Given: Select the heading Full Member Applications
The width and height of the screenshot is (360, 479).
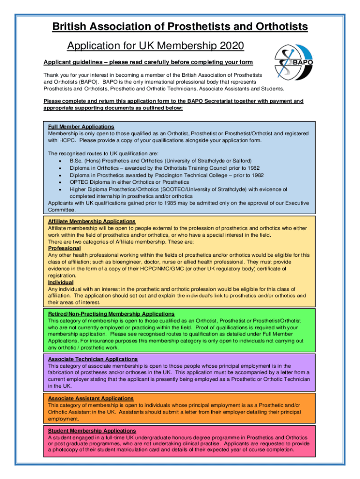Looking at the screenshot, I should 81,127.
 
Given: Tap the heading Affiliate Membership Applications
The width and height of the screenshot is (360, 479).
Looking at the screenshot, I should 92,221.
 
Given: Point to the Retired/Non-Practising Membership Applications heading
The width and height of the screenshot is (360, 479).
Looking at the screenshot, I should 111,313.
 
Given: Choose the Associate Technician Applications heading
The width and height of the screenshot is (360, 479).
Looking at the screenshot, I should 93,359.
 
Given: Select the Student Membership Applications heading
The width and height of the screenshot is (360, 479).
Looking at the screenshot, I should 92,430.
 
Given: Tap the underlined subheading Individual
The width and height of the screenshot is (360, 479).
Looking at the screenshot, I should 61,282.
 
